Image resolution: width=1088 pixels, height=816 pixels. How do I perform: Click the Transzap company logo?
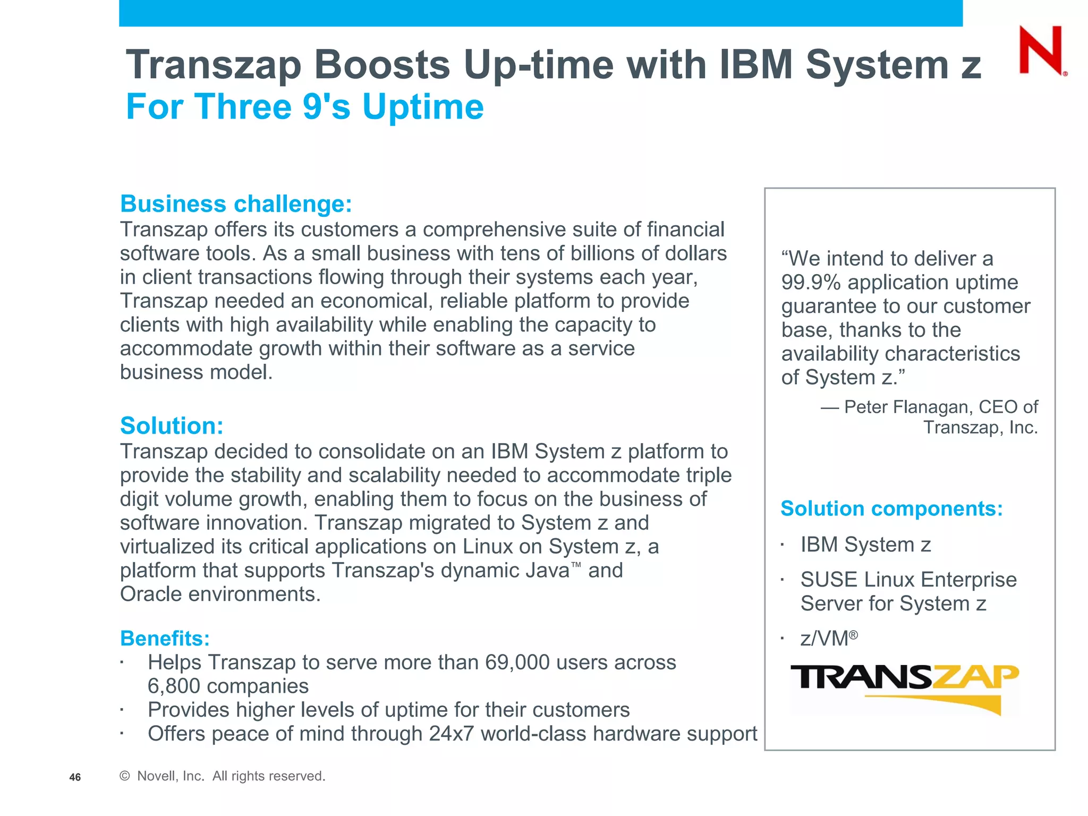click(904, 686)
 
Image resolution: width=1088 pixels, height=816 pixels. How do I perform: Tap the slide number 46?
click(75, 777)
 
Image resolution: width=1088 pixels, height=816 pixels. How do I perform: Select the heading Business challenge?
click(236, 204)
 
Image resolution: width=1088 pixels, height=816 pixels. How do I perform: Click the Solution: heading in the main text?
click(172, 426)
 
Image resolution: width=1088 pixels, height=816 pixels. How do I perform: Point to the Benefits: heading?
click(165, 638)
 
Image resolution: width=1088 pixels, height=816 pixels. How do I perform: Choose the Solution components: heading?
click(891, 508)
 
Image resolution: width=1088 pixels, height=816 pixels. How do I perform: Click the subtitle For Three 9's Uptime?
click(304, 107)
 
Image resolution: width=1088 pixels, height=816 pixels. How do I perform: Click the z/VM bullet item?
click(828, 638)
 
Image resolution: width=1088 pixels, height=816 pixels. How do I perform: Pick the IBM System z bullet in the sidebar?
click(865, 545)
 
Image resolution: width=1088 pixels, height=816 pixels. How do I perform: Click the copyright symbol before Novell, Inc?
click(125, 776)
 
